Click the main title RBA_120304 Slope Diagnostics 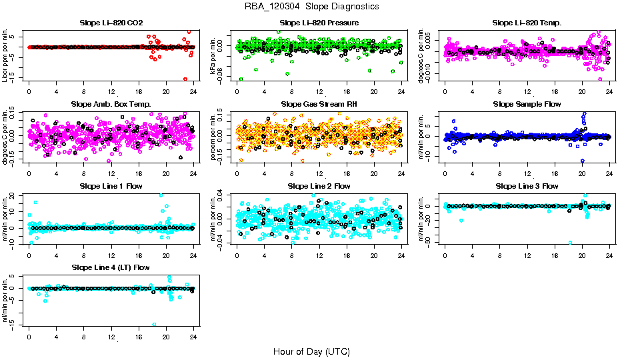pyautogui.click(x=312, y=7)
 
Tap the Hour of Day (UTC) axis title pyautogui.click(x=311, y=351)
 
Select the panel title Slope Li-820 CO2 pyautogui.click(x=111, y=23)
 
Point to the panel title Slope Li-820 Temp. pyautogui.click(x=527, y=23)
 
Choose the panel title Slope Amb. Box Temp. pyautogui.click(x=111, y=104)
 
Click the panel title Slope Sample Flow pyautogui.click(x=527, y=104)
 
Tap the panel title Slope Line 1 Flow pyautogui.click(x=111, y=186)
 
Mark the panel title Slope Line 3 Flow pyautogui.click(x=527, y=186)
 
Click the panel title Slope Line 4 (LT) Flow pyautogui.click(x=111, y=267)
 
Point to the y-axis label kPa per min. pyautogui.click(x=214, y=55)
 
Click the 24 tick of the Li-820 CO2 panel pyautogui.click(x=193, y=91)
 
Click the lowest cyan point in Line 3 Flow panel pyautogui.click(x=570, y=243)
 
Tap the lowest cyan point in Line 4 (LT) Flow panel pyautogui.click(x=154, y=325)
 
